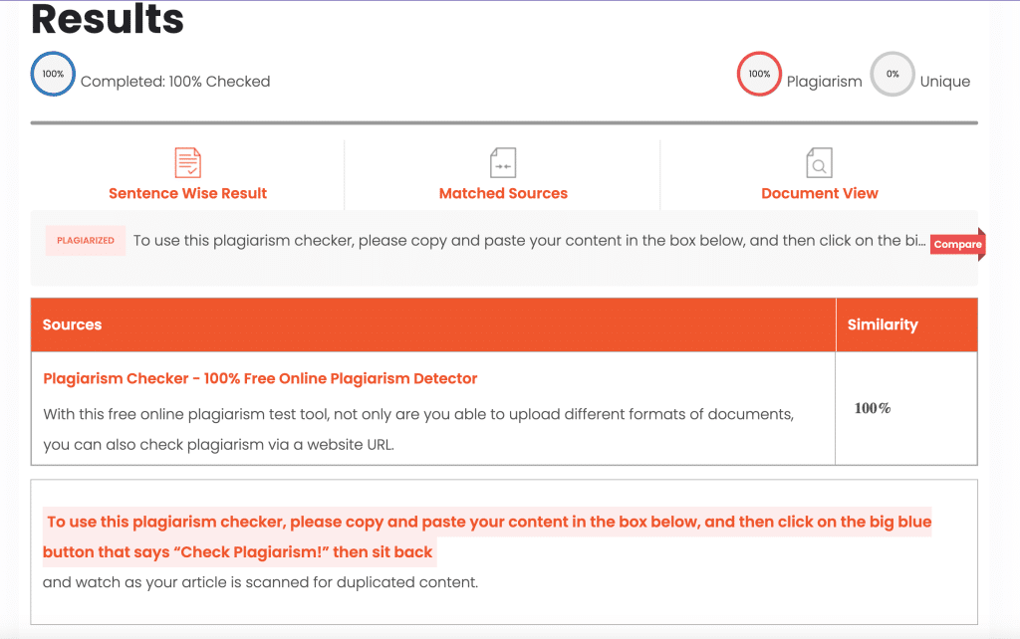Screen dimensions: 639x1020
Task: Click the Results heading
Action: (x=108, y=18)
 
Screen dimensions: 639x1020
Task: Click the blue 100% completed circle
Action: (x=53, y=74)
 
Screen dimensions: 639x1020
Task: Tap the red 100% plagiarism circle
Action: (x=759, y=74)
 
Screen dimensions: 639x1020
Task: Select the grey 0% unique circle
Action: (x=892, y=74)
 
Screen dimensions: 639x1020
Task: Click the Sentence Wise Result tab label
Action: (x=187, y=193)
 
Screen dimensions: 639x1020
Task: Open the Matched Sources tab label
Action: (x=503, y=193)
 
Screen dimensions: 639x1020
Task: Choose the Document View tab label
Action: (x=820, y=193)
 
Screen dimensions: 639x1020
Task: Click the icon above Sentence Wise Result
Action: (x=187, y=162)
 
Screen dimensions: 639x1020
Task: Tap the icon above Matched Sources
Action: (x=503, y=162)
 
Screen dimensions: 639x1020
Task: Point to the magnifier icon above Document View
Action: (x=819, y=162)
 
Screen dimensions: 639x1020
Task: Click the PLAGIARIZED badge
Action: (x=86, y=241)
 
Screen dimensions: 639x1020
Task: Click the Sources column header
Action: (x=73, y=324)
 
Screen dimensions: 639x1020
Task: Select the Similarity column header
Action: (x=883, y=324)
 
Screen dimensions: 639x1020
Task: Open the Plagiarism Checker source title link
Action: (x=260, y=378)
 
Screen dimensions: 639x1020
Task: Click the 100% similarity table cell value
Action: (x=873, y=408)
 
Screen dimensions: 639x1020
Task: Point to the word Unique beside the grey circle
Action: (x=945, y=82)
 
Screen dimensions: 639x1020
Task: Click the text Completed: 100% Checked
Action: (x=175, y=82)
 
